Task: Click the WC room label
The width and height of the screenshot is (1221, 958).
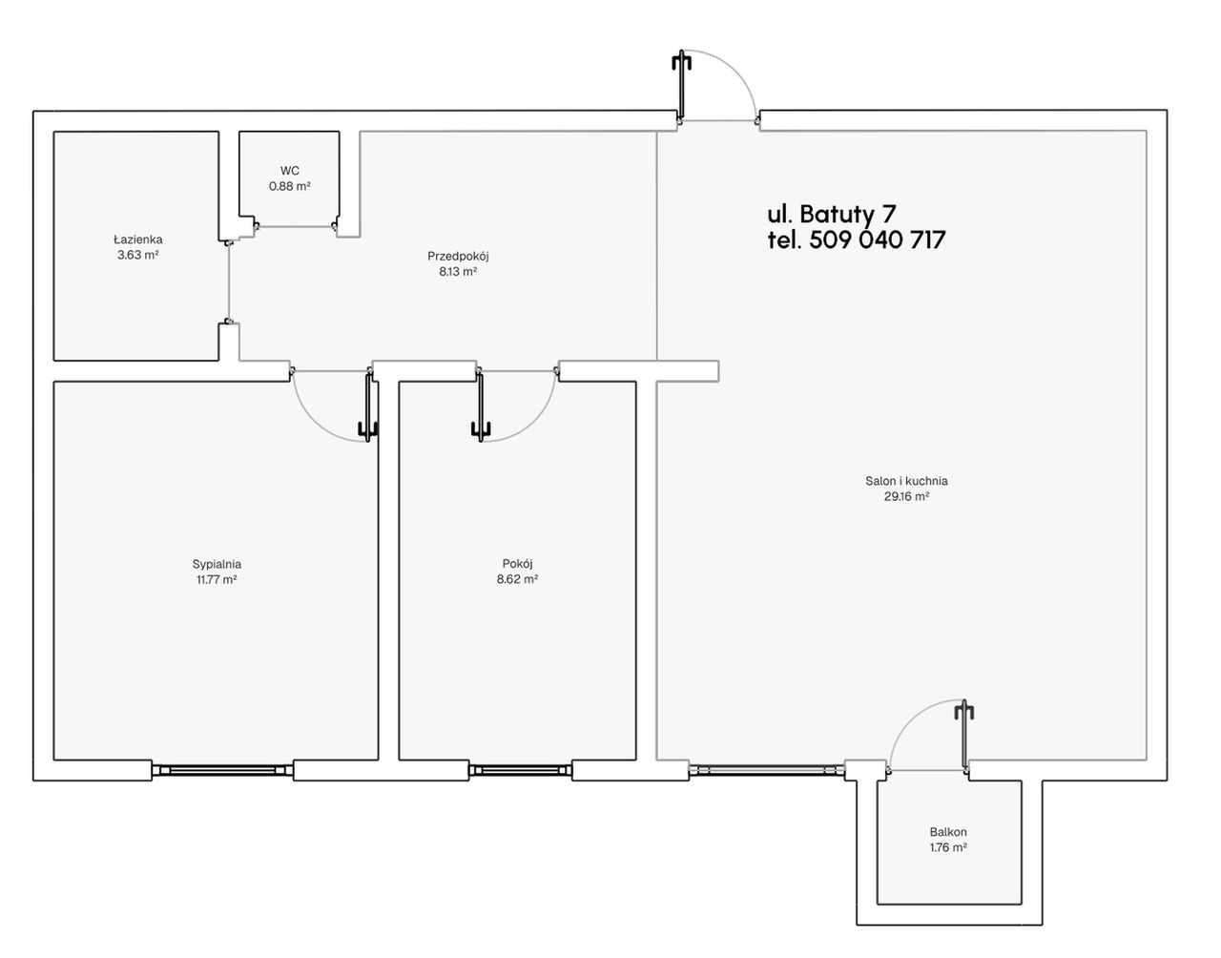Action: click(x=289, y=170)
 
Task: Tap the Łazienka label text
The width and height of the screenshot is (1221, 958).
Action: click(x=137, y=239)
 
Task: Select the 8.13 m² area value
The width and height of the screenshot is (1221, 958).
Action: click(x=458, y=271)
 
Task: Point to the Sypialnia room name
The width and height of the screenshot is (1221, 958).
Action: click(x=217, y=564)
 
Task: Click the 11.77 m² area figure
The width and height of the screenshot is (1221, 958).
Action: click(x=217, y=579)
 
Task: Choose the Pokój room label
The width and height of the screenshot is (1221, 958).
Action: click(x=518, y=564)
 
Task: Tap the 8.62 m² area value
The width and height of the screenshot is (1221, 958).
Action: click(x=518, y=579)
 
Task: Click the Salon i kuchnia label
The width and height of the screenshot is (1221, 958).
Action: click(x=906, y=481)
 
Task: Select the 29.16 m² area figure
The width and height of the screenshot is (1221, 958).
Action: click(x=906, y=496)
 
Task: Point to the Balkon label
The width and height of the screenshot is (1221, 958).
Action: click(x=948, y=832)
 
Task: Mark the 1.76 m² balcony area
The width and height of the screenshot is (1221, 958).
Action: click(x=948, y=846)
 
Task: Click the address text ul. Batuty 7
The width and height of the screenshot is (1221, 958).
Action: click(x=832, y=214)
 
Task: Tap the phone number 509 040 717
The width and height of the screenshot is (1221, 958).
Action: click(x=878, y=239)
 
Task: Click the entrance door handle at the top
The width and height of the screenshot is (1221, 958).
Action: click(x=682, y=62)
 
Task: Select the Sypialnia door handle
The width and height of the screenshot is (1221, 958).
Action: click(x=368, y=428)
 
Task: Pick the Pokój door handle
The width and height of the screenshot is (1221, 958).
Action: click(x=481, y=428)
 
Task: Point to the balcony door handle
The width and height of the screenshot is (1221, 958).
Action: click(x=964, y=711)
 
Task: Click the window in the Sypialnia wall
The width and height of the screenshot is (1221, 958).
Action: click(x=222, y=770)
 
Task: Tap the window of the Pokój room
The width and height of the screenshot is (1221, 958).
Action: click(x=520, y=770)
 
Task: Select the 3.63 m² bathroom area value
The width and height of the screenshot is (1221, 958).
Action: click(x=137, y=255)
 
